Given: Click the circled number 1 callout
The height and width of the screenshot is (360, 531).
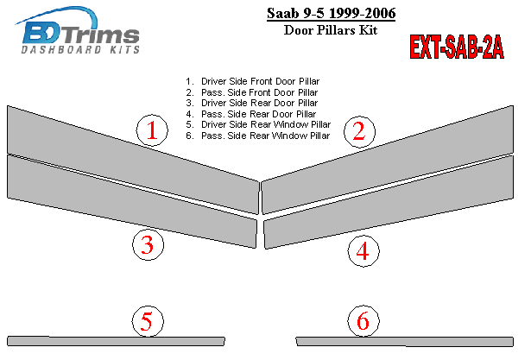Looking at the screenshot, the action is click(x=152, y=130).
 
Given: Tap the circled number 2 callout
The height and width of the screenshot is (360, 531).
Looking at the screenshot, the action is click(x=359, y=131).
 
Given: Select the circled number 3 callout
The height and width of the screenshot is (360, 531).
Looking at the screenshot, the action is click(x=148, y=244).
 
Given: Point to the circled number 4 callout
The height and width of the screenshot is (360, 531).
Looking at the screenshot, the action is click(x=363, y=251).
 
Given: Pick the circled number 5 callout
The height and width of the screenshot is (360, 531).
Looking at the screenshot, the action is click(x=148, y=321).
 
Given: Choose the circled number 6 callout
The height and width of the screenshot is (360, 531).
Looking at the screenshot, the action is click(x=363, y=320).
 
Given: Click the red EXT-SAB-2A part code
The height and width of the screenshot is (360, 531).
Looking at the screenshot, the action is click(x=457, y=47).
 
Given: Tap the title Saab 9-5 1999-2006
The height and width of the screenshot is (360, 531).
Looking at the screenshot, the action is click(x=332, y=14).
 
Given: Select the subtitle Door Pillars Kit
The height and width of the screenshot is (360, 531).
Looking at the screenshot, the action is click(x=331, y=30).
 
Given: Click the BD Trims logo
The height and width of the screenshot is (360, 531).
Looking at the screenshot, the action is click(x=79, y=30).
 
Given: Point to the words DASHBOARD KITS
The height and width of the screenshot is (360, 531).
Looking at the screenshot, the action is click(x=80, y=50).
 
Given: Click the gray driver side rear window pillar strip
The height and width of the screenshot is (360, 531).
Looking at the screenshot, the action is click(x=116, y=341).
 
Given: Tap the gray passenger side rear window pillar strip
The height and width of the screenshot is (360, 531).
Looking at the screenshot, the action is click(x=405, y=341).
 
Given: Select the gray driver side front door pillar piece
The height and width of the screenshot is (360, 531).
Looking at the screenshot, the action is click(x=133, y=160).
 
